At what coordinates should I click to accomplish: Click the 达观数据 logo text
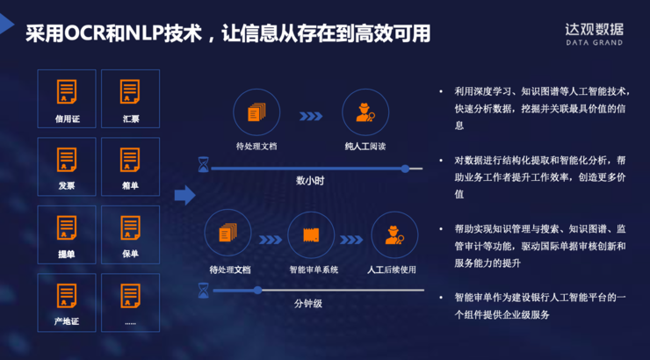click(595, 27)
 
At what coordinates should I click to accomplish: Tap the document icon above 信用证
click(66, 91)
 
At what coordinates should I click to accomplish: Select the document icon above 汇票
click(130, 91)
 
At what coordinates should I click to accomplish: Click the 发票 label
click(66, 185)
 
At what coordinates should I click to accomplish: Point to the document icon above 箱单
click(130, 160)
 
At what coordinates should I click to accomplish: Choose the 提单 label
click(66, 254)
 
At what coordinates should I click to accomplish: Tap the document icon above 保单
click(130, 227)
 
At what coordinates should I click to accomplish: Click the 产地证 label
click(66, 321)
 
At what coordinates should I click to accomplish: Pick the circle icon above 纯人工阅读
click(365, 112)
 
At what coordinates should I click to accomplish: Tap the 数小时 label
click(310, 180)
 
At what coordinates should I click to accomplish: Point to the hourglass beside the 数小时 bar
click(204, 165)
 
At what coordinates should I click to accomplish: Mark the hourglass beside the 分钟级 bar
click(204, 289)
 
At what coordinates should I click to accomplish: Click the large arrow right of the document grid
click(184, 194)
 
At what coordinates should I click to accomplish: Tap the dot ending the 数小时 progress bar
click(405, 168)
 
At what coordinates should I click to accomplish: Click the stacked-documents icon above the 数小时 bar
click(256, 112)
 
